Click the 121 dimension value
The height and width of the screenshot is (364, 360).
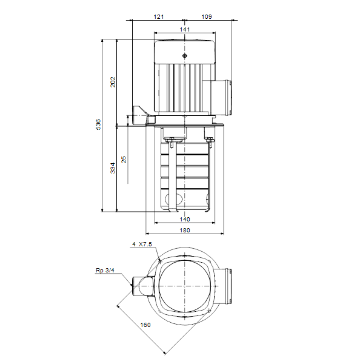coord(159,17)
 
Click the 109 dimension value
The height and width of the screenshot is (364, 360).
coord(207,17)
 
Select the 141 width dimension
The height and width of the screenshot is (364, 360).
coord(185,30)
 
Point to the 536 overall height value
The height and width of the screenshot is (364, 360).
coord(99,124)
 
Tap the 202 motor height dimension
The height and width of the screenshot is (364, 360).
coord(113,82)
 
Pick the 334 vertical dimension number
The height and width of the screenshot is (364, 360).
coord(113,168)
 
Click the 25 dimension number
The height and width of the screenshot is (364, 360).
coord(124,160)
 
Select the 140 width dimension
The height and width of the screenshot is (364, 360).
coord(185,220)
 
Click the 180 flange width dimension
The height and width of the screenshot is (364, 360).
coord(185,231)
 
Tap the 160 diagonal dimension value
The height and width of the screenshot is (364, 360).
coord(145,325)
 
